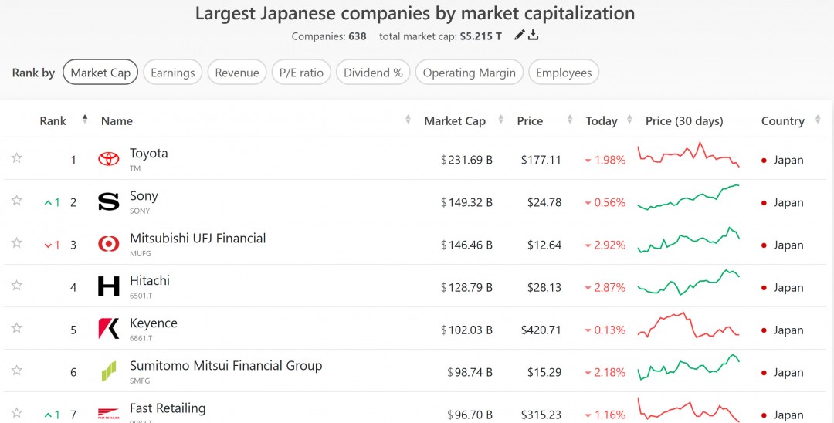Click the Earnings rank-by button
pyautogui.click(x=173, y=73)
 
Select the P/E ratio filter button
pyautogui.click(x=301, y=73)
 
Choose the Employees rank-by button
pyautogui.click(x=564, y=73)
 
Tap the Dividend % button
pyautogui.click(x=373, y=73)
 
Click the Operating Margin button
pyautogui.click(x=470, y=73)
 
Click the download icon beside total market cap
pyautogui.click(x=533, y=36)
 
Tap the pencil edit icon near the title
pyautogui.click(x=520, y=36)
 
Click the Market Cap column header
pyautogui.click(x=455, y=121)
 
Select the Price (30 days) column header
pyautogui.click(x=684, y=121)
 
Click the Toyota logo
pyautogui.click(x=109, y=160)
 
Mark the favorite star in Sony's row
pyautogui.click(x=16, y=201)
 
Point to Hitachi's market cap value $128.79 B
pyautogui.click(x=466, y=288)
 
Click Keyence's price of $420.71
pyautogui.click(x=541, y=330)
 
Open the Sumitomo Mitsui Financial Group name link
pyautogui.click(x=225, y=366)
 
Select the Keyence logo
pyautogui.click(x=109, y=329)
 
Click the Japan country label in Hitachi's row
pyautogui.click(x=788, y=288)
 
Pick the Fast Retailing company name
pyautogui.click(x=168, y=408)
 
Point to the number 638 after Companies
pyautogui.click(x=358, y=36)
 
